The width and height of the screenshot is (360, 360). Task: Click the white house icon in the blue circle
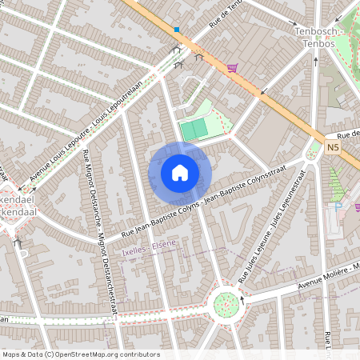click(180, 172)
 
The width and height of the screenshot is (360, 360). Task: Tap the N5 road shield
click(333, 147)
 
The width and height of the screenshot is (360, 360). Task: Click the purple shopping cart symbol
click(233, 68)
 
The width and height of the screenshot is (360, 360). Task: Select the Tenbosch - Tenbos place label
click(314, 37)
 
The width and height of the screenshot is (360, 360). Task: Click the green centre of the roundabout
click(226, 303)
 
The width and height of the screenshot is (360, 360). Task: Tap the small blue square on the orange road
click(177, 30)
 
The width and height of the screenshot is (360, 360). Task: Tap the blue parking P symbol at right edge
click(340, 205)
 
